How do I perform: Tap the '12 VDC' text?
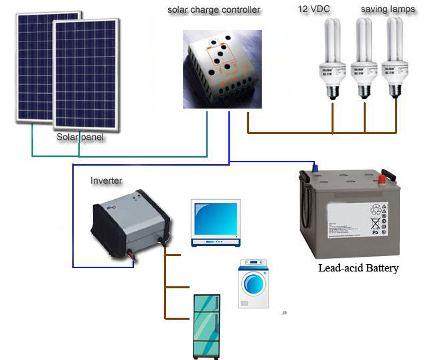point(313,9)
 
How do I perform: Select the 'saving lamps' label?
point(388,9)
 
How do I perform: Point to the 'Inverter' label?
point(106,181)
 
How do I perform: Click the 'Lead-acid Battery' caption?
point(358,268)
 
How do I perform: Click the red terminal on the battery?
point(382,178)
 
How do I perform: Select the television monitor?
point(214,223)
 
